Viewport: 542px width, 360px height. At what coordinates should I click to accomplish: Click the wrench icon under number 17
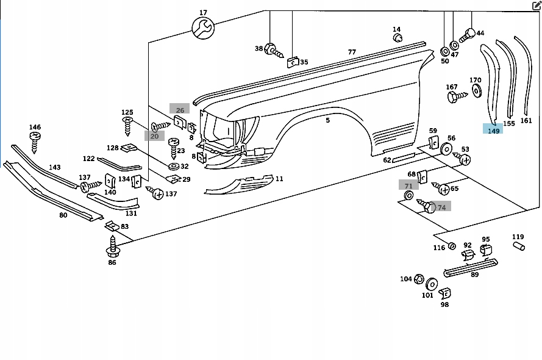(x=202, y=27)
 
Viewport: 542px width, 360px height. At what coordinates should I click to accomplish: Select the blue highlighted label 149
(x=493, y=129)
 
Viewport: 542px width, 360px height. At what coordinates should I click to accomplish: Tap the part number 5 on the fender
(x=327, y=120)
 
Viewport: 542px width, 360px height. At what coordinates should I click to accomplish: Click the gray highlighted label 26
(x=180, y=110)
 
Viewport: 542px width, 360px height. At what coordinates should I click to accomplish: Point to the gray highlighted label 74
(x=441, y=207)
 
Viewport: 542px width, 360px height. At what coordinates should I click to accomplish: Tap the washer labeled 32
(x=173, y=166)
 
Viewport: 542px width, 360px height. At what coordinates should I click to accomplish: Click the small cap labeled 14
(x=398, y=38)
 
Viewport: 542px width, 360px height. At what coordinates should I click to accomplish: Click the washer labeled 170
(x=476, y=92)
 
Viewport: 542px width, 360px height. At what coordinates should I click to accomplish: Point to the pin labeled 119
(x=518, y=246)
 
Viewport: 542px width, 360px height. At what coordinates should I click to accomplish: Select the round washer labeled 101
(x=432, y=284)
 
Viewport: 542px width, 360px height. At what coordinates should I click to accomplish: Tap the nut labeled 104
(x=419, y=279)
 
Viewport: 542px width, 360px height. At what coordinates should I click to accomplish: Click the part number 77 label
(x=352, y=52)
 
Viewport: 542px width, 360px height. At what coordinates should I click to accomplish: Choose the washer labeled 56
(x=446, y=149)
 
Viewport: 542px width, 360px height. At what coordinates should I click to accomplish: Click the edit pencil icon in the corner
(x=537, y=6)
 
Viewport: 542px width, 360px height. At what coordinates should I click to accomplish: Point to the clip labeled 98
(x=444, y=293)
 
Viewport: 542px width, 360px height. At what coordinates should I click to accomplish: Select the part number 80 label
(x=63, y=215)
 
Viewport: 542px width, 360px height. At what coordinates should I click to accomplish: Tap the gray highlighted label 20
(x=154, y=136)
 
